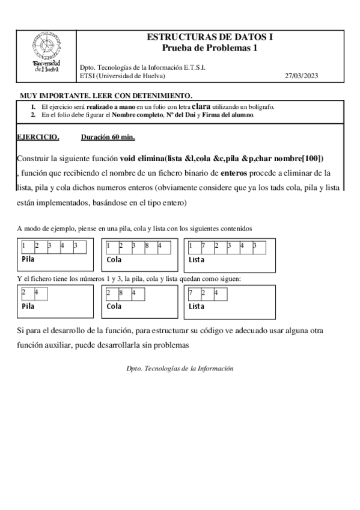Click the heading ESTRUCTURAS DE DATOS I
[210, 37]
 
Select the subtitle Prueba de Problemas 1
[210, 48]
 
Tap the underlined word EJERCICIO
[38, 137]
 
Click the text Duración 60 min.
[108, 137]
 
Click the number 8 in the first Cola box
[147, 245]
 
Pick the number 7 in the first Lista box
[204, 245]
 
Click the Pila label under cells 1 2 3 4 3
[28, 259]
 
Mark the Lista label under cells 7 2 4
[197, 306]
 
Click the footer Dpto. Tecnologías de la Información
[180, 368]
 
